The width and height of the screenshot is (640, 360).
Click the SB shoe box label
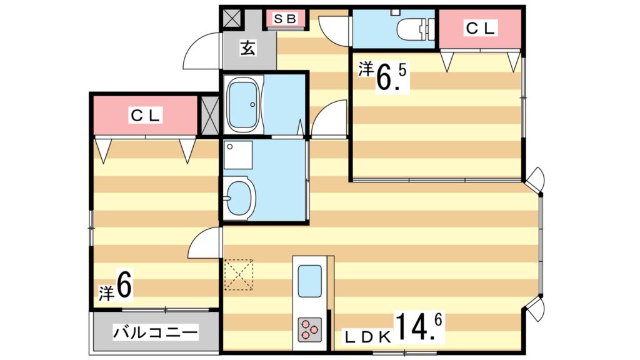[287, 19]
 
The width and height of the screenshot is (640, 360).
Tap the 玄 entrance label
[249, 47]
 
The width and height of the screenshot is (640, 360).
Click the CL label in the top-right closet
[480, 27]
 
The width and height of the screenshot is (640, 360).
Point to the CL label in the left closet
[146, 115]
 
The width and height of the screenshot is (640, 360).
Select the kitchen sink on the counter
[309, 281]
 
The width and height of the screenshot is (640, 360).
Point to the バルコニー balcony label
[156, 332]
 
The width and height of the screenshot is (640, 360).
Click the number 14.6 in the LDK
[418, 327]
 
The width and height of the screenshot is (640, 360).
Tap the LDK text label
[369, 337]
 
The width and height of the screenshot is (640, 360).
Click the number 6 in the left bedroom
[124, 286]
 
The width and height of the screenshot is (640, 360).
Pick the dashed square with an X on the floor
[238, 275]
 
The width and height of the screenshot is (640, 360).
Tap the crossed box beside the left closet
[208, 115]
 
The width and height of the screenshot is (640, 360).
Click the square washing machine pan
[238, 155]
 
